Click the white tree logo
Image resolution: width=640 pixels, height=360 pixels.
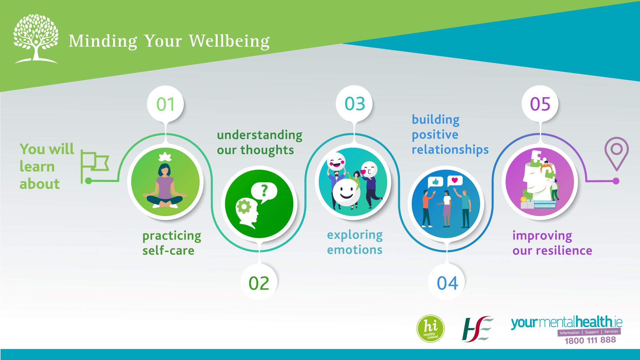click(x=36, y=39)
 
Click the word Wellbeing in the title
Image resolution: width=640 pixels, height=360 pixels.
click(x=229, y=41)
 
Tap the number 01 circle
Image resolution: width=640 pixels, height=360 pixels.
click(x=165, y=104)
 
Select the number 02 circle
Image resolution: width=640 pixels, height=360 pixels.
click(x=259, y=283)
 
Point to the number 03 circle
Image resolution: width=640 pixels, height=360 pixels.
click(x=354, y=104)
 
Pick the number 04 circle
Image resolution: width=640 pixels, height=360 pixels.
click(x=447, y=283)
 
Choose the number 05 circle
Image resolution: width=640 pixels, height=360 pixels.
click(x=540, y=104)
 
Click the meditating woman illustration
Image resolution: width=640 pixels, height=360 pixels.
click(x=165, y=182)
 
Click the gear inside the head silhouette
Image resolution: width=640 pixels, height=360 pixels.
click(x=244, y=206)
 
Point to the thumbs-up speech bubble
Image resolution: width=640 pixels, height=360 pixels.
click(x=435, y=182)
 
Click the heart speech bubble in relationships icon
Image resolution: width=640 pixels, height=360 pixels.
click(x=455, y=181)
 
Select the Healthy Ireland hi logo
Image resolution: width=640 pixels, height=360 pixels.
click(x=431, y=328)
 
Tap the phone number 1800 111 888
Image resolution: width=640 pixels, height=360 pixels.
click(x=590, y=340)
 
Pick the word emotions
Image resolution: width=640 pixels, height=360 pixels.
click(x=354, y=250)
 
